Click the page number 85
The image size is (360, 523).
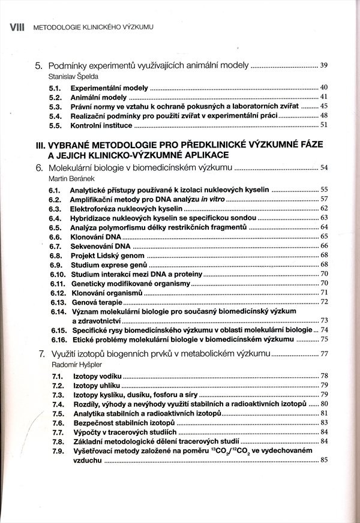(x=324, y=460)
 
